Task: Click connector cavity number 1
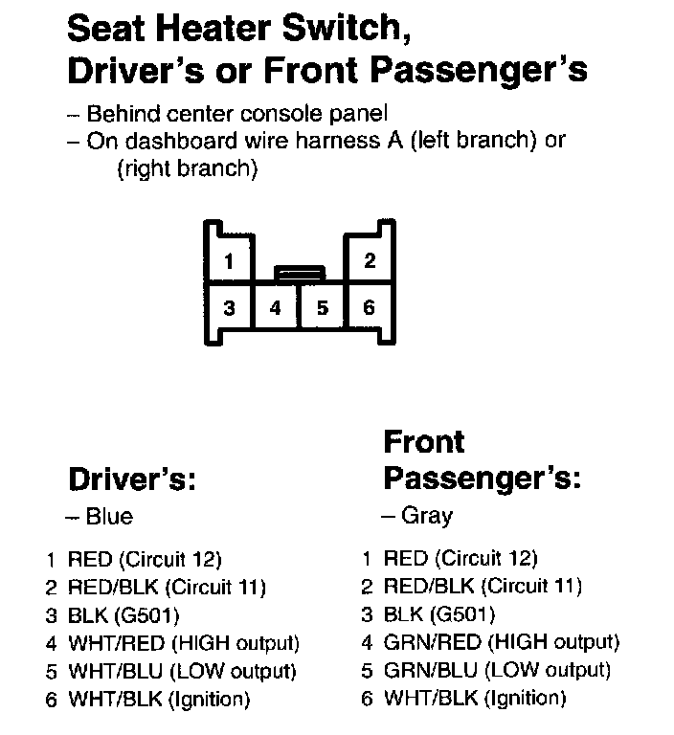point(230,260)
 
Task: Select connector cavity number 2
point(370,260)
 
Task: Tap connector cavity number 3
point(230,308)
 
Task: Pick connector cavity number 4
point(276,308)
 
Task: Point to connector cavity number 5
point(323,308)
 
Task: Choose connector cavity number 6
point(370,308)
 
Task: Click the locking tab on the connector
point(299,274)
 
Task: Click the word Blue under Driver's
point(109,517)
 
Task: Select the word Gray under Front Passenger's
point(426,516)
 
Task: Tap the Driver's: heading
point(132,478)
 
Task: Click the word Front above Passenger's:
point(423,442)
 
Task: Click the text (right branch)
point(187,168)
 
